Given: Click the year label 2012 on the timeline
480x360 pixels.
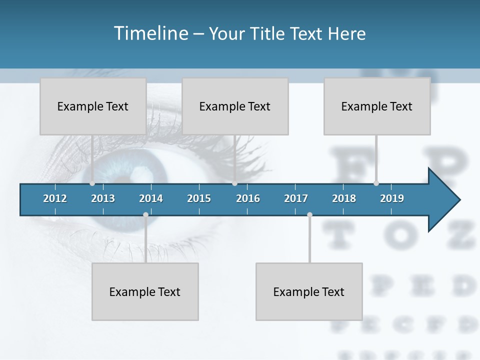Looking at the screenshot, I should coord(55,198).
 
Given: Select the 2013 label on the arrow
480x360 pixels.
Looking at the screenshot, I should coord(103,198).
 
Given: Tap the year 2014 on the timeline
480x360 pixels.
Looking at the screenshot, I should coord(151,198).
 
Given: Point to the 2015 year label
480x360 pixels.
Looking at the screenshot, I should coord(199,198).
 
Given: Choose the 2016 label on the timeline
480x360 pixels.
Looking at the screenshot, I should coord(248,198).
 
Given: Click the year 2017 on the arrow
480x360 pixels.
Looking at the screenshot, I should coord(296,198).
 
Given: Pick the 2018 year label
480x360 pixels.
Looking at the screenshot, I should coord(344,198).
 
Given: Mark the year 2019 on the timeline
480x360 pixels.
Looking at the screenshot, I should coord(392,198).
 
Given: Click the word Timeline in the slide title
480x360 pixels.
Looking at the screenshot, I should coord(150,33).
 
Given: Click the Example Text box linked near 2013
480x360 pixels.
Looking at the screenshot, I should coord(93,106).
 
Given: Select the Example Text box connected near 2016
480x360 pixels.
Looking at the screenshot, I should coord(235,106).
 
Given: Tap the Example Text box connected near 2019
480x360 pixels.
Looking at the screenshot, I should coord(377,106).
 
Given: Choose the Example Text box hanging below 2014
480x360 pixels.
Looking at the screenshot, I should coord(145,291).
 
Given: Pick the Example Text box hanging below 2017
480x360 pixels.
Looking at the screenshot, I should coord(309,291).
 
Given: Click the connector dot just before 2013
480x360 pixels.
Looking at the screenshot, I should coord(92,183).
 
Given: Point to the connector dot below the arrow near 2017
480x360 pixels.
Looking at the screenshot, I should coord(309,215).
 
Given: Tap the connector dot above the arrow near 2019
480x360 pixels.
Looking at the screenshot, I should coord(376,183).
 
